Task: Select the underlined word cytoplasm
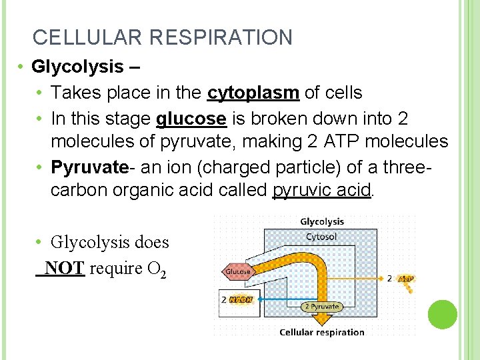tap(253, 93)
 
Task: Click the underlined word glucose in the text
tap(191, 118)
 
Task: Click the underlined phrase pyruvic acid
tap(322, 189)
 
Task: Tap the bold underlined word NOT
tap(65, 268)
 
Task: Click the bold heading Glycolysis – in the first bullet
tap(78, 67)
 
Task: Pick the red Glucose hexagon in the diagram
tap(238, 271)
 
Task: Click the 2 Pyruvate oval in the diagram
tap(321, 307)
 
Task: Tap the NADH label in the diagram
tap(241, 300)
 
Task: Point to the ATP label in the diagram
tap(405, 278)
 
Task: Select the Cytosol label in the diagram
tap(321, 237)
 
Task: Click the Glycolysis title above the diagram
tap(322, 221)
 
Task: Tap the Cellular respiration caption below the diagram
tap(322, 332)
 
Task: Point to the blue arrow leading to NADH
tap(280, 300)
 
